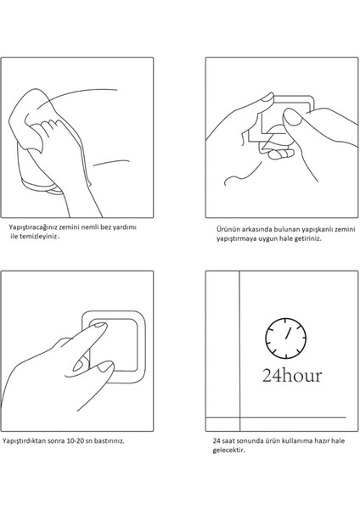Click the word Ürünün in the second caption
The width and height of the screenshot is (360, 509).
click(x=225, y=229)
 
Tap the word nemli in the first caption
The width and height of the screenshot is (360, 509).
click(x=88, y=227)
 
